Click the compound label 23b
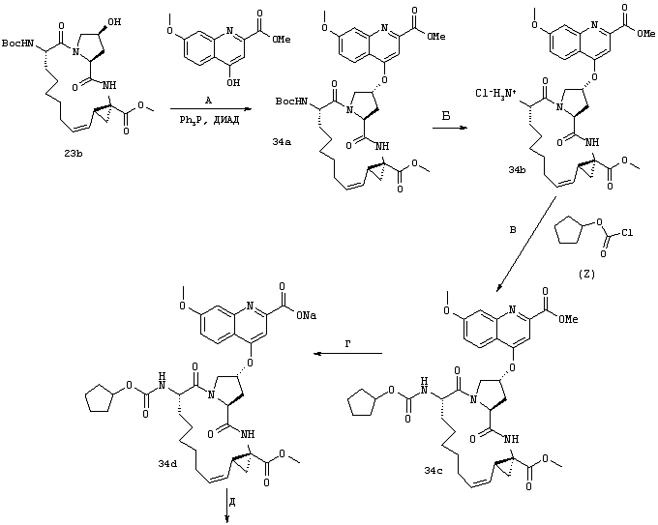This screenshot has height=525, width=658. [x=73, y=154]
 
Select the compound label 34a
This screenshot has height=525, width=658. [x=282, y=142]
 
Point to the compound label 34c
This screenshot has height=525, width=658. [x=434, y=471]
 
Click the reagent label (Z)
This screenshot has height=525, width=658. [x=586, y=275]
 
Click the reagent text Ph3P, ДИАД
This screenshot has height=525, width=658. [x=210, y=121]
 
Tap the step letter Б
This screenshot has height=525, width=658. [x=446, y=116]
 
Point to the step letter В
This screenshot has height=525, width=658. [x=513, y=230]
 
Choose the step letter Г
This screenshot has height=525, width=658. [x=348, y=344]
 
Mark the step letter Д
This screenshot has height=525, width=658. [x=232, y=503]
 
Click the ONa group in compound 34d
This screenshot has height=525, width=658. [x=306, y=315]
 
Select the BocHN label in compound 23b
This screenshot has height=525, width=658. [x=17, y=44]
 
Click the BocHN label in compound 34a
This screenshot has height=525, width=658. [x=291, y=102]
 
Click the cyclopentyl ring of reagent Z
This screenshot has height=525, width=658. [x=570, y=234]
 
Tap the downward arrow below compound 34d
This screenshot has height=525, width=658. [x=227, y=506]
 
